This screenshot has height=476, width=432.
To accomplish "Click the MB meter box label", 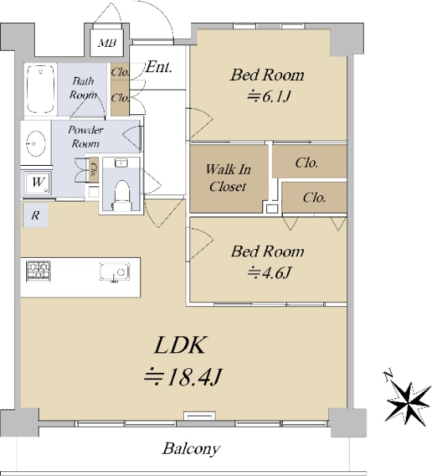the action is [x=107, y=43].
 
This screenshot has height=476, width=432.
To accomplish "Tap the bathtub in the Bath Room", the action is [x=40, y=89].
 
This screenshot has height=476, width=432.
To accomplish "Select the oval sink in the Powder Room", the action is [x=36, y=144].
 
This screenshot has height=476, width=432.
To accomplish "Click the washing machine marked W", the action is [x=37, y=183].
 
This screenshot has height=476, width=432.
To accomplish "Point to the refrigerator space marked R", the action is [x=36, y=216].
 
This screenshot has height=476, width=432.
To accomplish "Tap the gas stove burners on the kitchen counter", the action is [x=38, y=271].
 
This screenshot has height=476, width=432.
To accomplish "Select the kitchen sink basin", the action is [x=114, y=272].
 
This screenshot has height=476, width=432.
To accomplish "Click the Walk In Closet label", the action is [x=227, y=178].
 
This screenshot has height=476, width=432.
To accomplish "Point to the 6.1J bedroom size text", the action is [x=269, y=97].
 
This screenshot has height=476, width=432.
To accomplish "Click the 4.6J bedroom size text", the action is [x=269, y=273].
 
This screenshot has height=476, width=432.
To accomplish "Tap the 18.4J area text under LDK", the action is [x=183, y=376].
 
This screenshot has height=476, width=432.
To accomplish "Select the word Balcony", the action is [x=191, y=449].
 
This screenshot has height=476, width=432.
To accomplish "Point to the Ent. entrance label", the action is [x=159, y=67].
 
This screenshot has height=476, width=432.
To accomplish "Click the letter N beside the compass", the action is [x=387, y=374].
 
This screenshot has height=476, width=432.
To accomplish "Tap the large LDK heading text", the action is [x=179, y=345].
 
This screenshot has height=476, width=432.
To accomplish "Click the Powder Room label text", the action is [x=86, y=136].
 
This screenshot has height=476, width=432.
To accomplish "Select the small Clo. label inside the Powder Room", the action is [x=94, y=171].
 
